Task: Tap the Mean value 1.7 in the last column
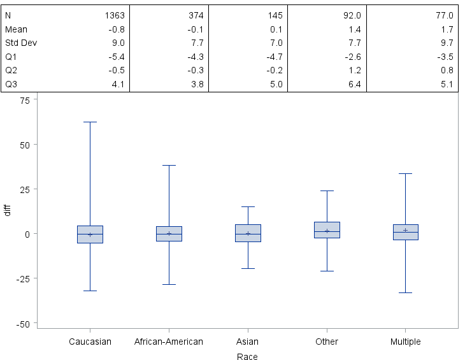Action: click(446, 28)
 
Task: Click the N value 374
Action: click(196, 14)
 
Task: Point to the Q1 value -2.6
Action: click(353, 56)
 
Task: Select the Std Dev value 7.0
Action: click(275, 42)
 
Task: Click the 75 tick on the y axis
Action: click(25, 100)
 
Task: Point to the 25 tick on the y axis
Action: click(25, 189)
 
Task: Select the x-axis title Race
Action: click(247, 357)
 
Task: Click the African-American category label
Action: click(169, 342)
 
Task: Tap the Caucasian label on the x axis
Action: click(90, 342)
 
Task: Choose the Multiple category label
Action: click(405, 342)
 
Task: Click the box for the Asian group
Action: click(248, 233)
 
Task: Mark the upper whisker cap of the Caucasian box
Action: click(90, 122)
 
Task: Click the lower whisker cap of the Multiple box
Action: click(405, 292)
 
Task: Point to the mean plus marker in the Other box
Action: click(327, 231)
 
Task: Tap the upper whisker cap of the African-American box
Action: click(169, 165)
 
